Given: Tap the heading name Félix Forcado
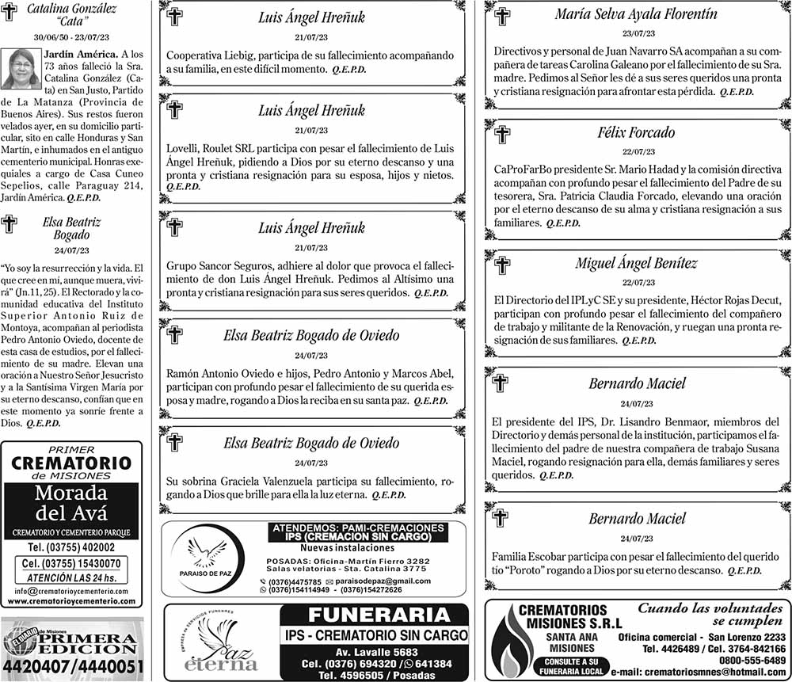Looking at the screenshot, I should (x=636, y=132).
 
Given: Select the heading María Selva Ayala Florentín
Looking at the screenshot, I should (x=636, y=13).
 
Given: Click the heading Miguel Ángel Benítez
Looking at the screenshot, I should (x=636, y=263).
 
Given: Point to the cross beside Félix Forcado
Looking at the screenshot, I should (x=502, y=135).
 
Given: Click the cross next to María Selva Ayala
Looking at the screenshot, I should (x=502, y=16).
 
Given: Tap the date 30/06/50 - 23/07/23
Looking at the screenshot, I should (x=72, y=37).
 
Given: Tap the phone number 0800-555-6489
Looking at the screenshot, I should (x=752, y=660).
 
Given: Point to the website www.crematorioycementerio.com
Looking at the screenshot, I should (x=72, y=601).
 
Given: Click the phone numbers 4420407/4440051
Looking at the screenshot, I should (x=72, y=667).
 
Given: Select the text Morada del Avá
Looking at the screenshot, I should (x=72, y=505).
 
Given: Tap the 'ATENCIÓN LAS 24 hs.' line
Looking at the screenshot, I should (x=72, y=577).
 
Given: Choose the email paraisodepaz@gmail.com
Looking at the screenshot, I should (x=384, y=581).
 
